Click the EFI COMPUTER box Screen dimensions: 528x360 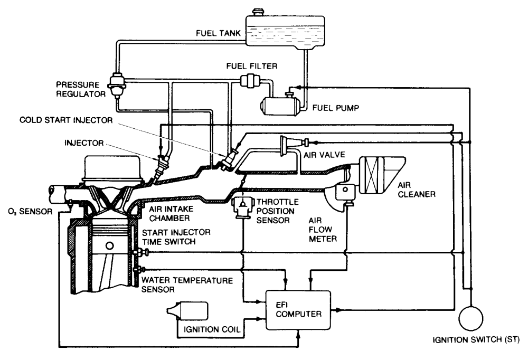[298, 310]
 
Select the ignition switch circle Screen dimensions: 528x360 [471, 318]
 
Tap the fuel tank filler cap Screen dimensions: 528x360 [258, 12]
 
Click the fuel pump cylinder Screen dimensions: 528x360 [279, 107]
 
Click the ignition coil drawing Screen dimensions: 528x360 [187, 310]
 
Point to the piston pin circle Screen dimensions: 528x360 [109, 245]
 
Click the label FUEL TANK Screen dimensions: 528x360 [218, 33]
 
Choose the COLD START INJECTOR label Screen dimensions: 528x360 [66, 120]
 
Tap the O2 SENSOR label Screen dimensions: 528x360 [30, 212]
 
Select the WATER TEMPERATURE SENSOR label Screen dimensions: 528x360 [187, 285]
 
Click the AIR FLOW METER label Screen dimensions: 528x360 [323, 230]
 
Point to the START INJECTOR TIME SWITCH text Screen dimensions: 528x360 [176, 237]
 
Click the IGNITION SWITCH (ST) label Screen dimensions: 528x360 [476, 340]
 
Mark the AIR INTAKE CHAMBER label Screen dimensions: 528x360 [171, 213]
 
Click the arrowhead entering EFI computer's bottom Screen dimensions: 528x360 [298, 333]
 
